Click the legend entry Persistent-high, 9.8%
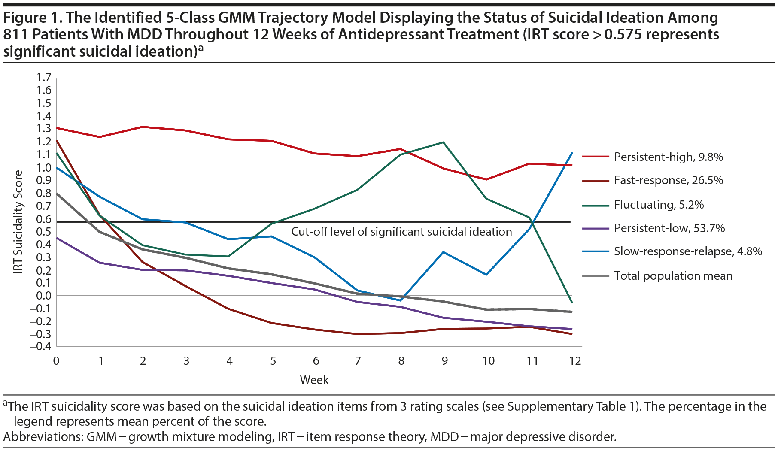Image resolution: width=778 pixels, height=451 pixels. point(668,157)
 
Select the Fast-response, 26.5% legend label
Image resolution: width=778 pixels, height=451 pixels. point(668,180)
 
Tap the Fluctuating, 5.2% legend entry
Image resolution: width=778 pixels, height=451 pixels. point(659,205)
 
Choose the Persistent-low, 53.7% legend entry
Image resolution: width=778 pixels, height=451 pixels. point(669,228)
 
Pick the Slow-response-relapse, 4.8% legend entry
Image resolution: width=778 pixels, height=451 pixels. point(688,251)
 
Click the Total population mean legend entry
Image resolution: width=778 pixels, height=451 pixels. point(673,276)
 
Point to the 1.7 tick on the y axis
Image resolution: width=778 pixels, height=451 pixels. point(44,77)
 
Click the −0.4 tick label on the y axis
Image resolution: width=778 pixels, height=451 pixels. point(41,346)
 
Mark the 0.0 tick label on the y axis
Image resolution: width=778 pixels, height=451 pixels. point(44,296)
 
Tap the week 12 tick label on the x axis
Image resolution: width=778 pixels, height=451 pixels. point(574,361)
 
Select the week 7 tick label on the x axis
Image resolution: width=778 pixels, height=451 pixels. point(358,361)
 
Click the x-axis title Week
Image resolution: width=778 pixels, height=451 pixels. point(314,380)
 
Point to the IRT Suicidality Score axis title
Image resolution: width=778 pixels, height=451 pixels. point(18,222)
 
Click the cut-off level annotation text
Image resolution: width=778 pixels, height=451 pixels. point(401,232)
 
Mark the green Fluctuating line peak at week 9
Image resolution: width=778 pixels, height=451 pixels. point(443,142)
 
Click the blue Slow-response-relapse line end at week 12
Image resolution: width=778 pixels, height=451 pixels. point(572,153)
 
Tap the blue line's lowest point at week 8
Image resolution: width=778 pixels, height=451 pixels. point(401,300)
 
